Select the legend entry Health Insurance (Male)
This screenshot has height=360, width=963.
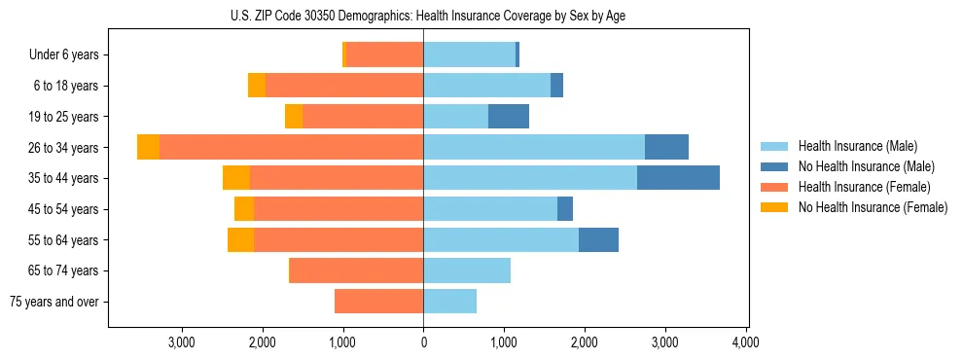coord(857,146)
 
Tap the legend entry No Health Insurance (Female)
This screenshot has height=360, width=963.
coord(872,207)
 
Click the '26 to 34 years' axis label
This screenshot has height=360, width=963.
coord(65,148)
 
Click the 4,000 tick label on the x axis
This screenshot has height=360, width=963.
coord(745,342)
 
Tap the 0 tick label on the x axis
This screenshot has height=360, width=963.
coord(423,342)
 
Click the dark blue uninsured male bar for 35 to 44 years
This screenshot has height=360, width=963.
coord(678,178)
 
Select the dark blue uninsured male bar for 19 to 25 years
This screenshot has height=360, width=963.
coord(509,117)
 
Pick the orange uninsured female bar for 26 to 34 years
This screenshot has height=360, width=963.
coord(148,147)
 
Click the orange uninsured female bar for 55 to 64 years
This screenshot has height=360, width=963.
coord(240,239)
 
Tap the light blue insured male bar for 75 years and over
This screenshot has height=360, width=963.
coord(449,302)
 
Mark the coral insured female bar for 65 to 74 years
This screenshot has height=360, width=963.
coord(357,270)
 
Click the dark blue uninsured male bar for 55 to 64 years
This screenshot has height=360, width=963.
coord(598,239)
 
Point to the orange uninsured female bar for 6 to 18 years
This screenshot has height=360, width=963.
coord(257,86)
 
